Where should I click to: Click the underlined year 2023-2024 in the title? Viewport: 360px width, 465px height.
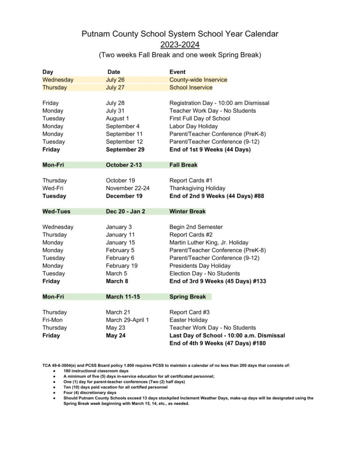pos(180,45)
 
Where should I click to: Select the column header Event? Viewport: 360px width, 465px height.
pos(177,72)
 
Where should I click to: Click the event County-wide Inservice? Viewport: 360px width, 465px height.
pos(198,80)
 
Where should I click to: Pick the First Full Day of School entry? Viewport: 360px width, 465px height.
pos(200,118)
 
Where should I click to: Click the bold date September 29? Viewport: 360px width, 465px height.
pos(125,150)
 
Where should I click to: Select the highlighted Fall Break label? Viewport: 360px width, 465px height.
pos(183,165)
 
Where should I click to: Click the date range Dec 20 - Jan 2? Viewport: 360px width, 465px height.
pos(125,211)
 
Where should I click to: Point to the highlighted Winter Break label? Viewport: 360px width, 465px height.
pos(187,211)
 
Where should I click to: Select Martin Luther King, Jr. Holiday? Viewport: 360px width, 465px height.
pos(209,242)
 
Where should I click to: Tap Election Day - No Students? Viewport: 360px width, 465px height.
pos(204,273)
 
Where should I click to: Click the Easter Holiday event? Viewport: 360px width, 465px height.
pos(188,320)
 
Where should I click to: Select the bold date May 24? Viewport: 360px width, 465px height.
pos(115,335)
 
